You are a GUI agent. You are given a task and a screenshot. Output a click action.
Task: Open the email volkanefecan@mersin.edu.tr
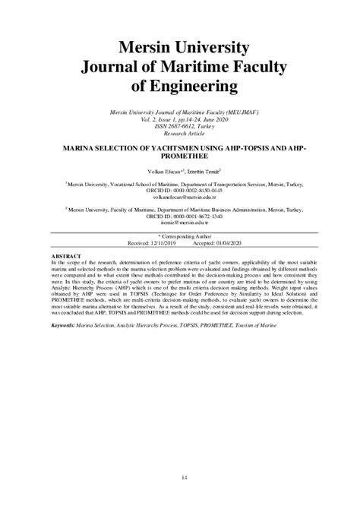pyautogui.click(x=180, y=197)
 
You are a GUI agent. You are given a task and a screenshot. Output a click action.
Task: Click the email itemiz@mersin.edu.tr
pyautogui.click(x=180, y=223)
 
